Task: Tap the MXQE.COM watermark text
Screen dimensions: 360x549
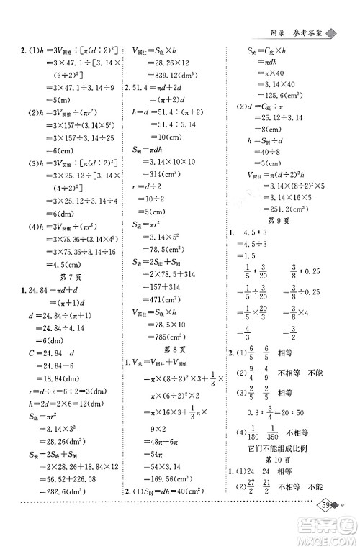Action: pyautogui.click(x=328, y=539)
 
